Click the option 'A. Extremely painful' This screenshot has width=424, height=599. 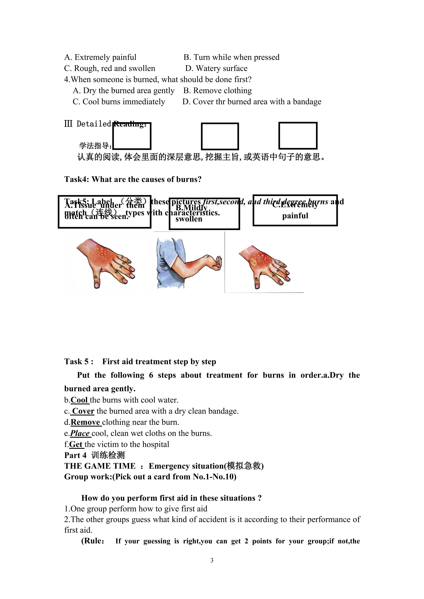click(x=100, y=57)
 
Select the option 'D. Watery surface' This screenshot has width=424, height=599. click(x=216, y=68)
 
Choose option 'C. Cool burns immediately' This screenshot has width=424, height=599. click(x=119, y=101)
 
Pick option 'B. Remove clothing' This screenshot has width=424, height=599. click(x=217, y=91)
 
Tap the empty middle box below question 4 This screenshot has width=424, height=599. click(x=220, y=136)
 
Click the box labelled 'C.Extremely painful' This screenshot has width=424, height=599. click(x=295, y=210)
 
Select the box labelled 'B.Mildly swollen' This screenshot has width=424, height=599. click(x=204, y=214)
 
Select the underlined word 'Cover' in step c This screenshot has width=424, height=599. click(x=83, y=411)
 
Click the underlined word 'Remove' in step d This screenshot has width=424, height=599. click(x=85, y=422)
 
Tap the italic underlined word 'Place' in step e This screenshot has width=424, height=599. click(x=80, y=433)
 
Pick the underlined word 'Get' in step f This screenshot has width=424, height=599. click(x=76, y=444)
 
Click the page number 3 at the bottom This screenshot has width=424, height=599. click(x=212, y=560)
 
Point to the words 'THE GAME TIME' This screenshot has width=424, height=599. click(x=100, y=466)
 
